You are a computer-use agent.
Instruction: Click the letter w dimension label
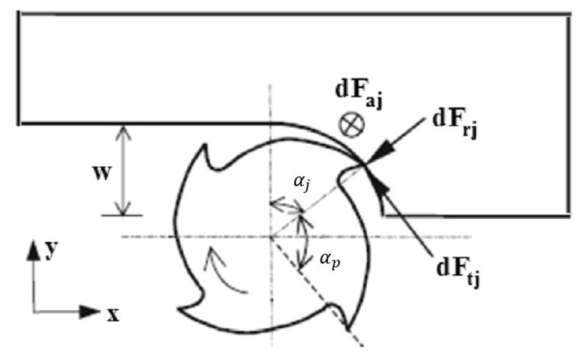[101, 173]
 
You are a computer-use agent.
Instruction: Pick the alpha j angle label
[302, 182]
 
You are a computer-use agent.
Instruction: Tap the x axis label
[113, 315]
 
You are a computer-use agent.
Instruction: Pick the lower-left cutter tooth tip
[179, 308]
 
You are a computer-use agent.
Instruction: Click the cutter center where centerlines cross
[271, 237]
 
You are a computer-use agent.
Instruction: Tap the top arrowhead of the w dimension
[122, 129]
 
